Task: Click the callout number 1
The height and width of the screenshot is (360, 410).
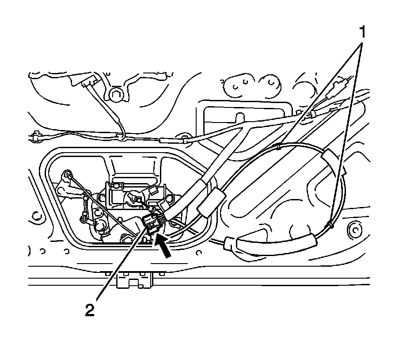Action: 362,32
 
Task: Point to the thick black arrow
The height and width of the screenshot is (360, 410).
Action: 163,246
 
